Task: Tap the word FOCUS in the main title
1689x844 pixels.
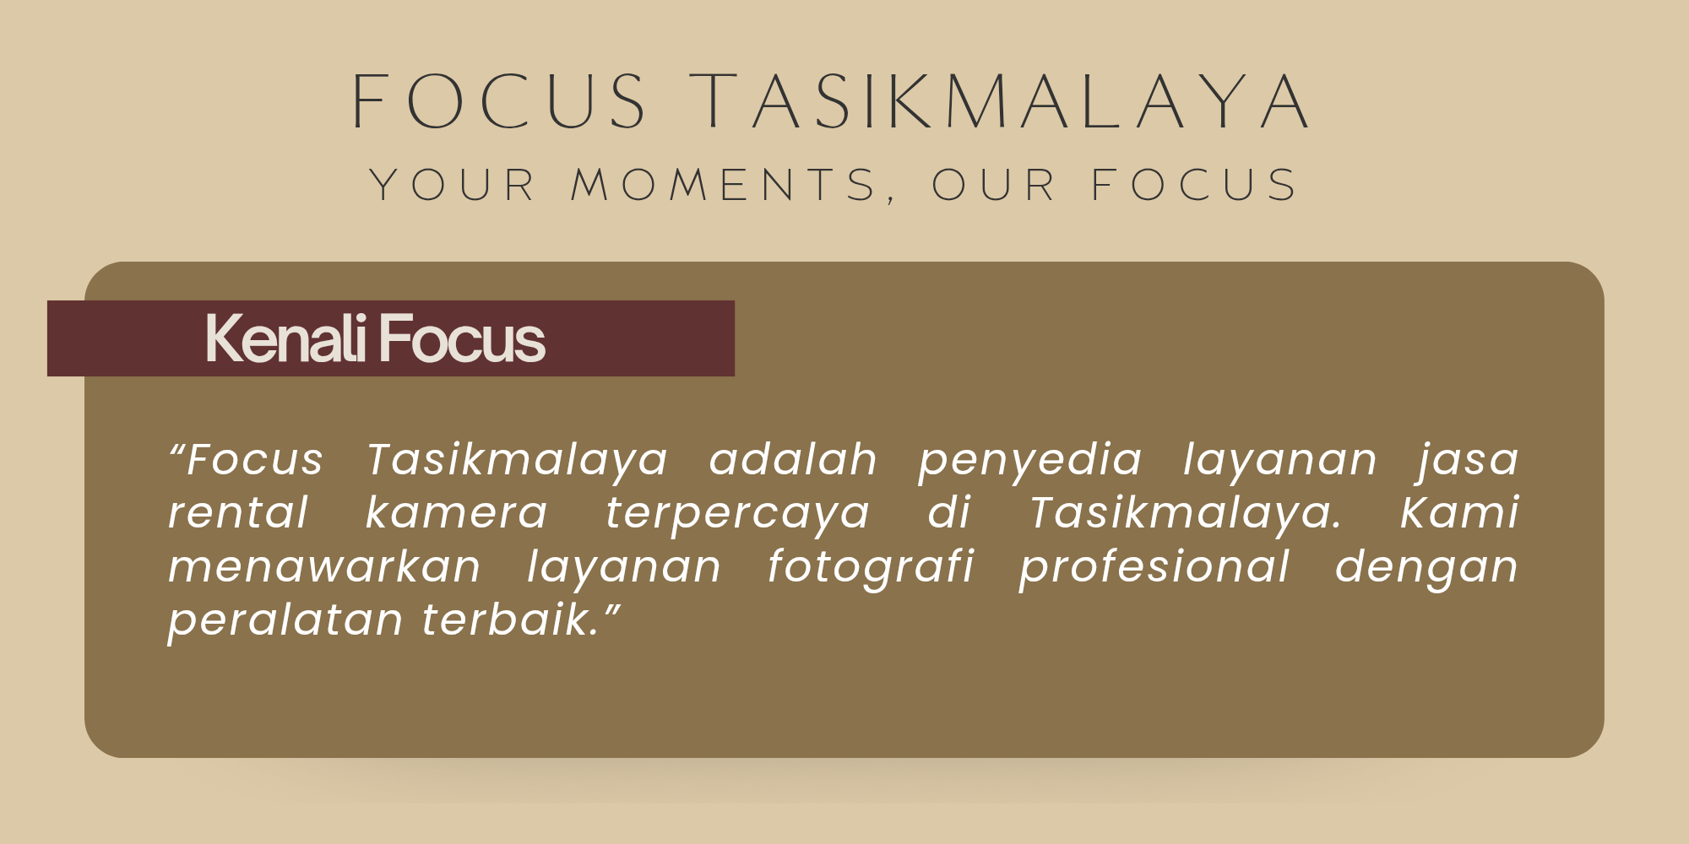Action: pos(499,101)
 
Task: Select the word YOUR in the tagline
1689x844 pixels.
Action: pos(453,185)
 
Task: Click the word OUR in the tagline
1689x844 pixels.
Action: pos(993,185)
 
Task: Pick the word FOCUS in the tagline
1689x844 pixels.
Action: pos(1194,185)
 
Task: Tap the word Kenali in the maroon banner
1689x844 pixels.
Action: pos(286,338)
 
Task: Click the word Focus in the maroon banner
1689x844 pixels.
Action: pos(462,338)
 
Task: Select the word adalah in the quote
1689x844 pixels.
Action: pos(793,460)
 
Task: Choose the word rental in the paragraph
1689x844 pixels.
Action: pos(238,513)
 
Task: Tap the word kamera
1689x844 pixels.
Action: pos(457,513)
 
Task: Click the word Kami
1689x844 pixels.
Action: pos(1459,513)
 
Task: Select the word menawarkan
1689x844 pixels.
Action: pos(324,566)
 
